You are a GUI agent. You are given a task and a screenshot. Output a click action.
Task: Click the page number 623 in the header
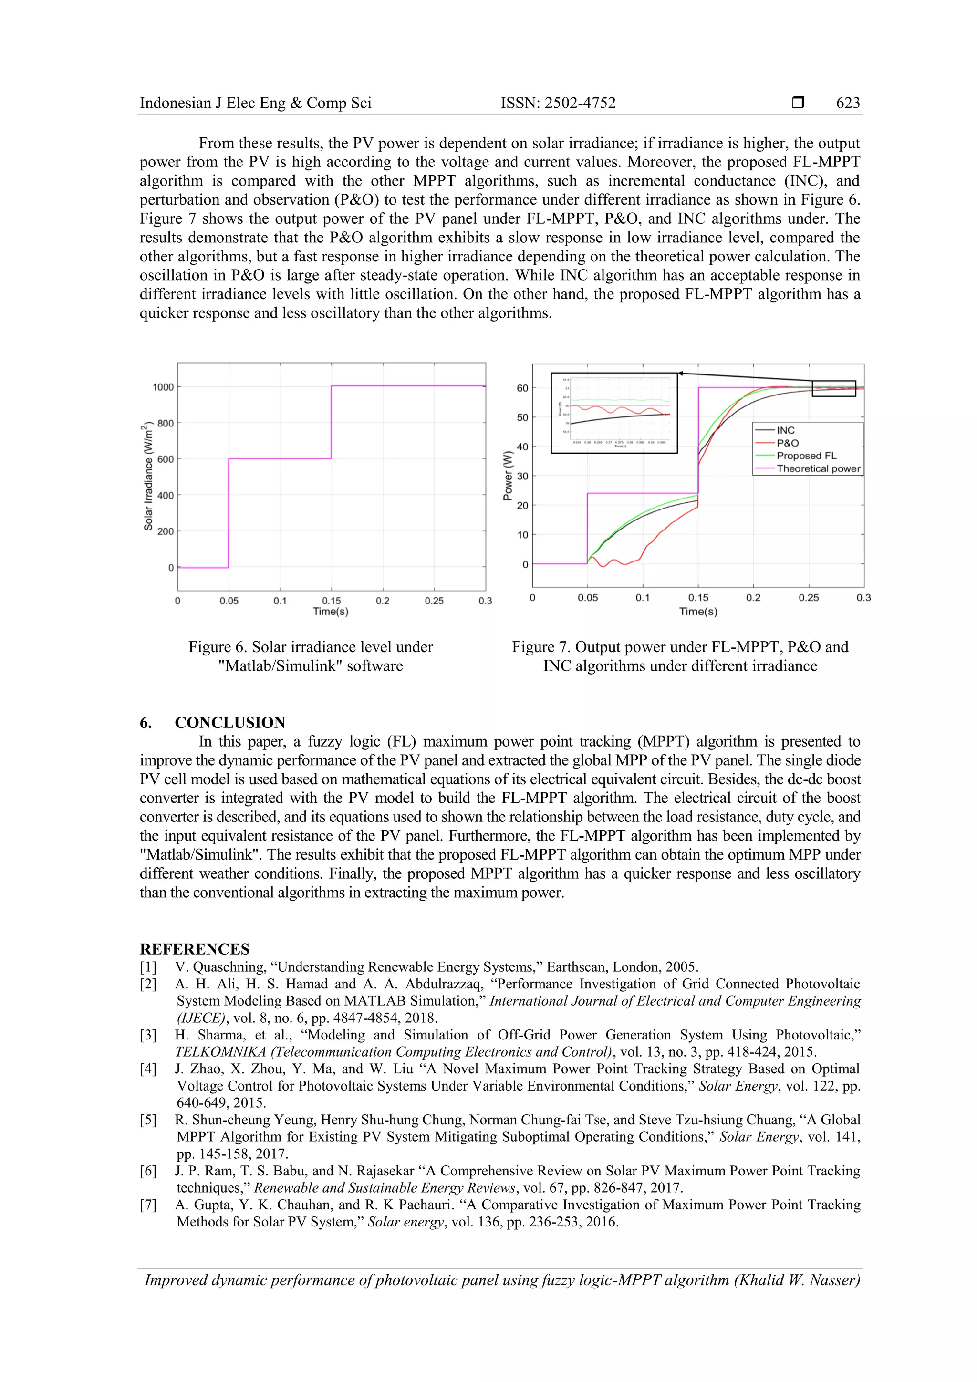(x=848, y=103)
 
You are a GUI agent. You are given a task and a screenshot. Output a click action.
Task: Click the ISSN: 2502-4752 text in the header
(x=558, y=103)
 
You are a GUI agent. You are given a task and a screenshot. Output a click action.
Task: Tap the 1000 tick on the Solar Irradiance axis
(x=163, y=387)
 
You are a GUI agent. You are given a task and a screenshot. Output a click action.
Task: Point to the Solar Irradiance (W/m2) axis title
(x=147, y=478)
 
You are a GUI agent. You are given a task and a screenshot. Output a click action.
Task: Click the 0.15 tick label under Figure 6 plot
(x=331, y=601)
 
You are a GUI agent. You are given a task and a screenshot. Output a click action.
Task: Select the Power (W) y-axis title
(x=508, y=476)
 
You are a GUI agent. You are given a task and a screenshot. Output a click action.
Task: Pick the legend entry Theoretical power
(x=818, y=468)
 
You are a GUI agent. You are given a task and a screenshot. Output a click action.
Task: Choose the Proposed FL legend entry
(x=806, y=456)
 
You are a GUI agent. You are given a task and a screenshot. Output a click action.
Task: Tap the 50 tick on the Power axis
(x=522, y=417)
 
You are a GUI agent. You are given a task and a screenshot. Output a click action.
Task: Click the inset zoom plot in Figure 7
(x=614, y=413)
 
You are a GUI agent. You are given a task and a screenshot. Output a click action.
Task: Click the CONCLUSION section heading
(x=229, y=722)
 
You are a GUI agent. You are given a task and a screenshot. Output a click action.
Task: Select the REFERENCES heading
(x=195, y=949)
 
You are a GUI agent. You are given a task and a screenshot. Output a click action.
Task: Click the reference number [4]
(x=148, y=1069)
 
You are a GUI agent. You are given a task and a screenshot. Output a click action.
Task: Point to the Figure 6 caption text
(x=311, y=656)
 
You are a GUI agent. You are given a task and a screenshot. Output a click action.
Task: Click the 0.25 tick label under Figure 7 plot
(x=809, y=598)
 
